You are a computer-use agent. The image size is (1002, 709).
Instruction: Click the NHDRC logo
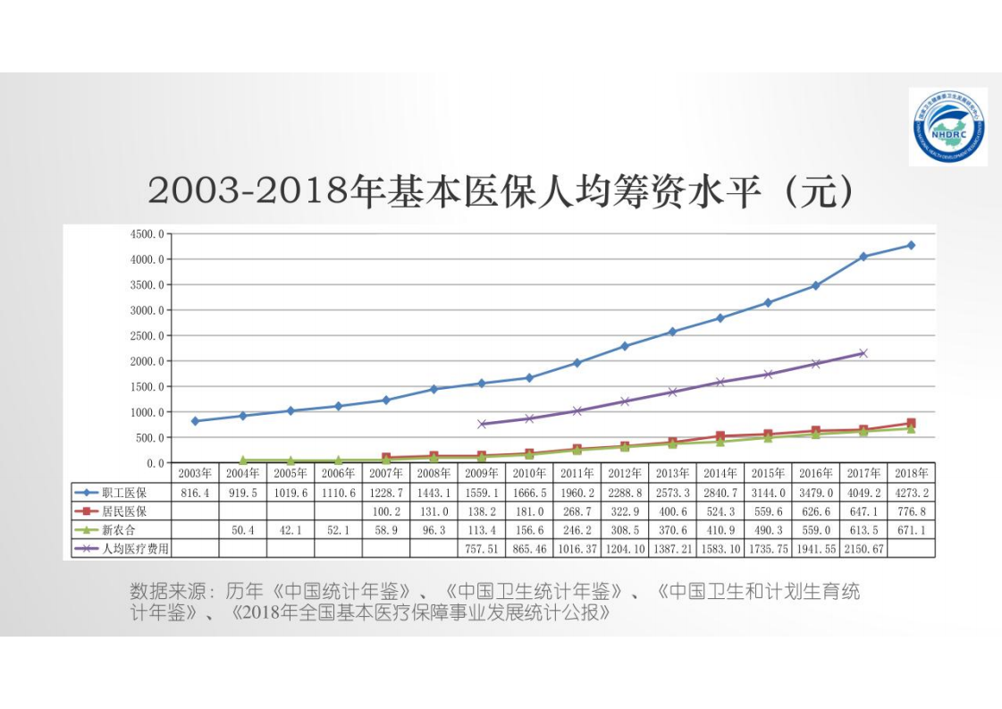click(947, 126)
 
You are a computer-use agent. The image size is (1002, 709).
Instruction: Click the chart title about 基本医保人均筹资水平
click(501, 191)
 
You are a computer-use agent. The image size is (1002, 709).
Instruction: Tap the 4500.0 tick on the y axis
click(148, 234)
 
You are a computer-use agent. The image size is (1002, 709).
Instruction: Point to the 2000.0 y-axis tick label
click(148, 361)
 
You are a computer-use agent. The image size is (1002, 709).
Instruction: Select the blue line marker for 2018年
click(911, 245)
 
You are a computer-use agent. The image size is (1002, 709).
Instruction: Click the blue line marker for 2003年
click(195, 421)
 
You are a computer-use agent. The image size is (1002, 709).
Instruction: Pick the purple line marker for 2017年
click(863, 353)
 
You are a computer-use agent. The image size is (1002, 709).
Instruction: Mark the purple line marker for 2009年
click(482, 424)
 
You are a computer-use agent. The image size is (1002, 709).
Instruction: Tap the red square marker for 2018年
click(911, 424)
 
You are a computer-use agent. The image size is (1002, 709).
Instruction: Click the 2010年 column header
click(529, 473)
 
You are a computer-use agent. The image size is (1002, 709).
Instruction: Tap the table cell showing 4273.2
click(912, 493)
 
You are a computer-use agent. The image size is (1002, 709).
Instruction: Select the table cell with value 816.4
click(195, 493)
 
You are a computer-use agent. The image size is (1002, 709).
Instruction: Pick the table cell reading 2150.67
click(863, 548)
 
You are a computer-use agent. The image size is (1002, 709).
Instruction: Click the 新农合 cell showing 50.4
click(242, 530)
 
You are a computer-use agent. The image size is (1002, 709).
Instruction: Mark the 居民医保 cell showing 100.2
click(386, 511)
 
